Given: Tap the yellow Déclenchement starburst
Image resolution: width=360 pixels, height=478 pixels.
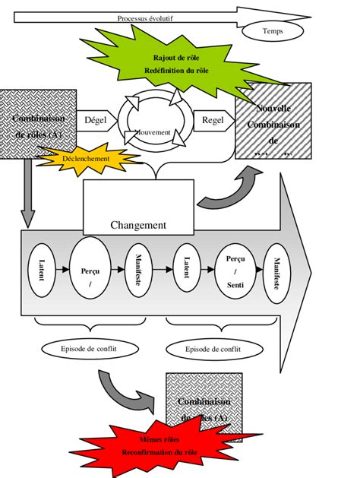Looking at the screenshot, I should (84, 159).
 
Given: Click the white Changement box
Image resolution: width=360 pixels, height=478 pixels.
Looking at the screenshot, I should (137, 211).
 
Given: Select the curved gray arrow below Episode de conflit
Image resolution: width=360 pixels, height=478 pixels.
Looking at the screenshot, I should (122, 385).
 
